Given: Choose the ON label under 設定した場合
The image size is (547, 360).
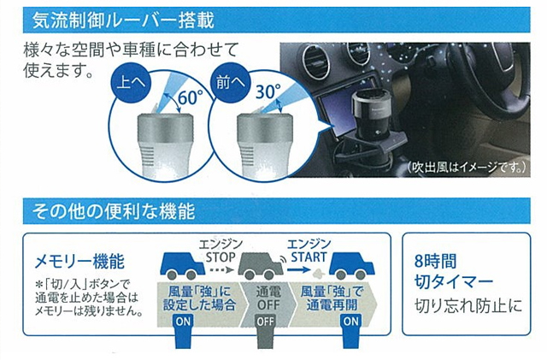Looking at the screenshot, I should click(184, 322).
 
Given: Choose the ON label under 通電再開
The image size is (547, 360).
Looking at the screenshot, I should click(350, 322).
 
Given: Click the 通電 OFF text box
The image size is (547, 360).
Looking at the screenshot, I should click(267, 298).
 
